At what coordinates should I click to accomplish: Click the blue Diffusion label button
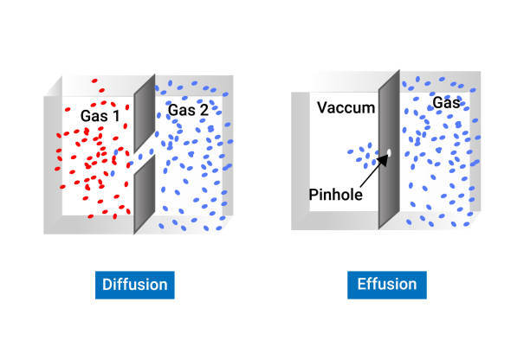[135, 285]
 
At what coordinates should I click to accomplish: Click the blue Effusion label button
[387, 285]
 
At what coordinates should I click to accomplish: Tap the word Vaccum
[346, 107]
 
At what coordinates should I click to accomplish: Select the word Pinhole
[336, 195]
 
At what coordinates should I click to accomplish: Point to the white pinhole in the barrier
[389, 152]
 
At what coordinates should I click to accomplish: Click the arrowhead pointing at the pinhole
[383, 159]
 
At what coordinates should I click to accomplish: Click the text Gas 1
[100, 116]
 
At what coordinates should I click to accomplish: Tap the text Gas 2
[188, 110]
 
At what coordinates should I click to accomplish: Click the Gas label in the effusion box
[446, 102]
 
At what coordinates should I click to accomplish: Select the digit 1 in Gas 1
[116, 116]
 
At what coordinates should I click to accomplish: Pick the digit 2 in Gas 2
[204, 111]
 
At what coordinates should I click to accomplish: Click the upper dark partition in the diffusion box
[145, 113]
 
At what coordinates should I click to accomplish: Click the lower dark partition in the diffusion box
[145, 194]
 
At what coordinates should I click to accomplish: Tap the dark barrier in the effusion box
[389, 149]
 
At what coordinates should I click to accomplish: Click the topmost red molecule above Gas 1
[94, 80]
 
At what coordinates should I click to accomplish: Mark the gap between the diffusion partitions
[145, 155]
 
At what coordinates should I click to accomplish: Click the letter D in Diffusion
[107, 285]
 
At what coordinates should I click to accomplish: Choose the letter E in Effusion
[361, 284]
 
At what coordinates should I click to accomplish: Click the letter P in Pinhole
[313, 195]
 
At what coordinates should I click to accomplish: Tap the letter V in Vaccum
[322, 107]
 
